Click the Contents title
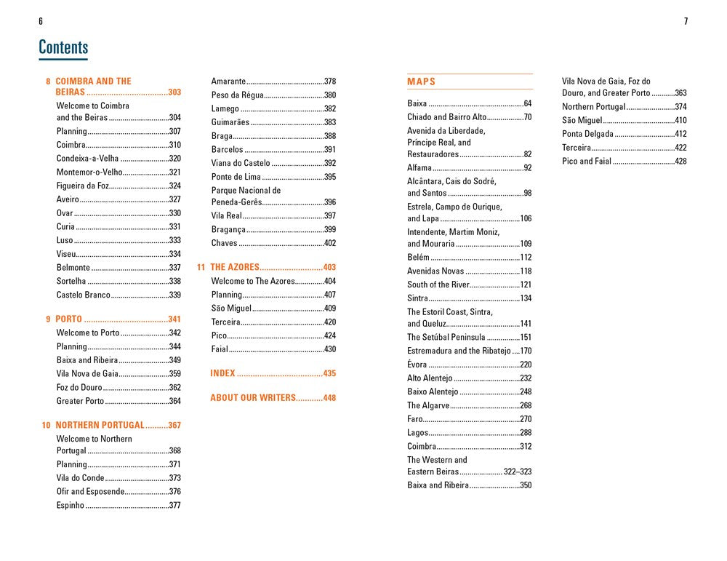coord(63,48)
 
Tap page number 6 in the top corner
coord(41,21)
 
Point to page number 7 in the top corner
coord(686,21)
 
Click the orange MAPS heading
coord(422,81)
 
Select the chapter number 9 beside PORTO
coord(48,319)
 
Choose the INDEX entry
coord(222,373)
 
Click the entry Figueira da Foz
coord(83,186)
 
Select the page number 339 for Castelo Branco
coord(174,295)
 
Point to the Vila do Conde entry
coord(81,478)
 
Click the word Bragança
coord(228,229)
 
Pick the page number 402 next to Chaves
coord(330,243)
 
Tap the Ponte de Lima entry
coord(236,177)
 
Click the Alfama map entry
coord(419,168)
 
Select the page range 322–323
coord(518,472)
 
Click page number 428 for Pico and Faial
coord(680,162)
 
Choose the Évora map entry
coord(417,365)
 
